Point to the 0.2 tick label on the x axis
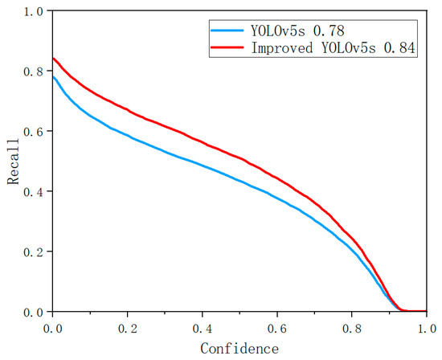128,329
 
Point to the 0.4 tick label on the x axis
203,329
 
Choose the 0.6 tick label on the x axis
279,329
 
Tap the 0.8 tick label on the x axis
354,329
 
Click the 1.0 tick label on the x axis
428,329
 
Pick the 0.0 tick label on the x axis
52,329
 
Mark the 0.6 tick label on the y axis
33,131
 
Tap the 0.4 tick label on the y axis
33,191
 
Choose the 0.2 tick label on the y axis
33,252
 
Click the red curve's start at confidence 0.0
53,58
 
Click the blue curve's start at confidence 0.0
53,76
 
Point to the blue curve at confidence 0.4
203,167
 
